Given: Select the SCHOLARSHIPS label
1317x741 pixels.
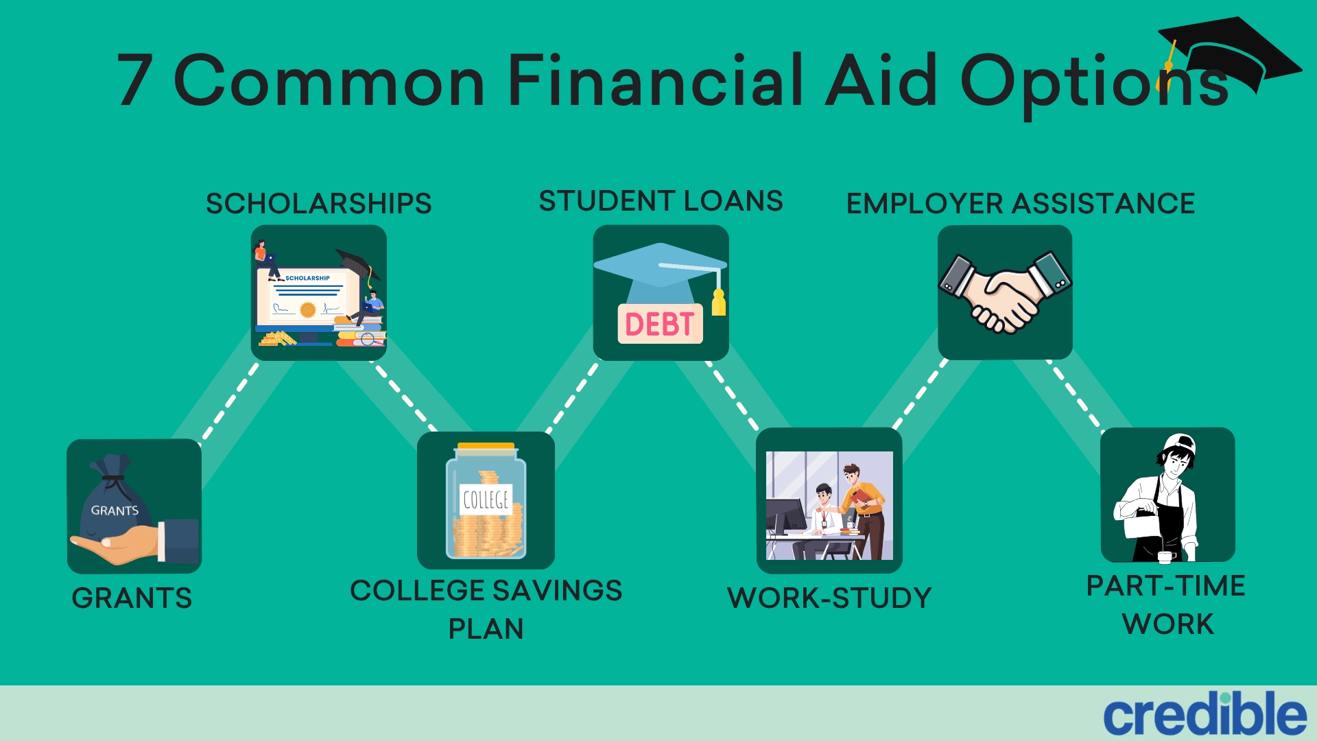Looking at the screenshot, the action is pos(319,203).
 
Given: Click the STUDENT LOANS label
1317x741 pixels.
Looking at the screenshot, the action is pos(661,201).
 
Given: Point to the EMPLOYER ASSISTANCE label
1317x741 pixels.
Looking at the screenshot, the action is pos(1021,203).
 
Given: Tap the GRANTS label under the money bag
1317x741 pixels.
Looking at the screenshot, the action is pos(132,598).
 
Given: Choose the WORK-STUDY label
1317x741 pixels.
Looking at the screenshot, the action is pos(829,598).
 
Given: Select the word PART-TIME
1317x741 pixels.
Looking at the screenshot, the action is pos(1166,585).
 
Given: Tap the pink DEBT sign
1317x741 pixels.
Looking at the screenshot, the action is pos(660,324).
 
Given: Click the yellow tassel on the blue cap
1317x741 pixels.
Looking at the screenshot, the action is pos(718,302).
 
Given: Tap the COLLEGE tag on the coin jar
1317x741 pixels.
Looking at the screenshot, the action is pos(486,499).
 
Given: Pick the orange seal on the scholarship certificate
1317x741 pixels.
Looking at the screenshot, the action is pos(308,309).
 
